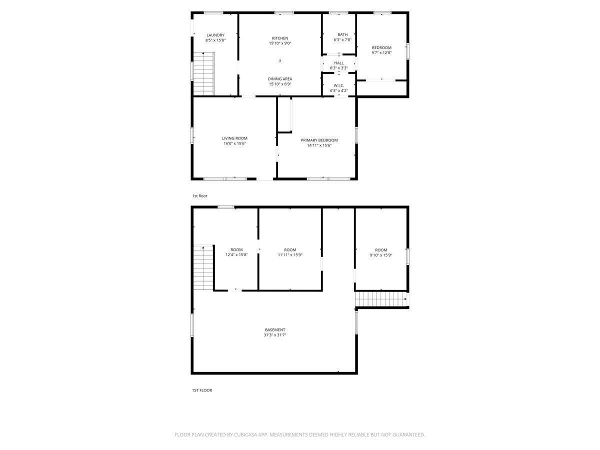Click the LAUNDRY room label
point(215,35)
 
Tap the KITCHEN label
point(280,38)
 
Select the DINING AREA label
point(280,79)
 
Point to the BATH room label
point(342,34)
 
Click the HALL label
point(338,63)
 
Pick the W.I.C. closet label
point(338,85)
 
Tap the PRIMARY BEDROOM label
point(319,140)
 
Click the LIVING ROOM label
point(234,138)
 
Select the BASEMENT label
point(274,330)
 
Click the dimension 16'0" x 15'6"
point(234,143)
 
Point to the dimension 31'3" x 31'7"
point(274,335)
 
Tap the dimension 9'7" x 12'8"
point(381,52)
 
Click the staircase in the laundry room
point(203,74)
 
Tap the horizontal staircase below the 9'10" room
point(381,299)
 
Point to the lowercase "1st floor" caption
point(199,196)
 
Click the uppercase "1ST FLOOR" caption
point(201,390)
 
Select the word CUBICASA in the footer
point(245,434)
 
